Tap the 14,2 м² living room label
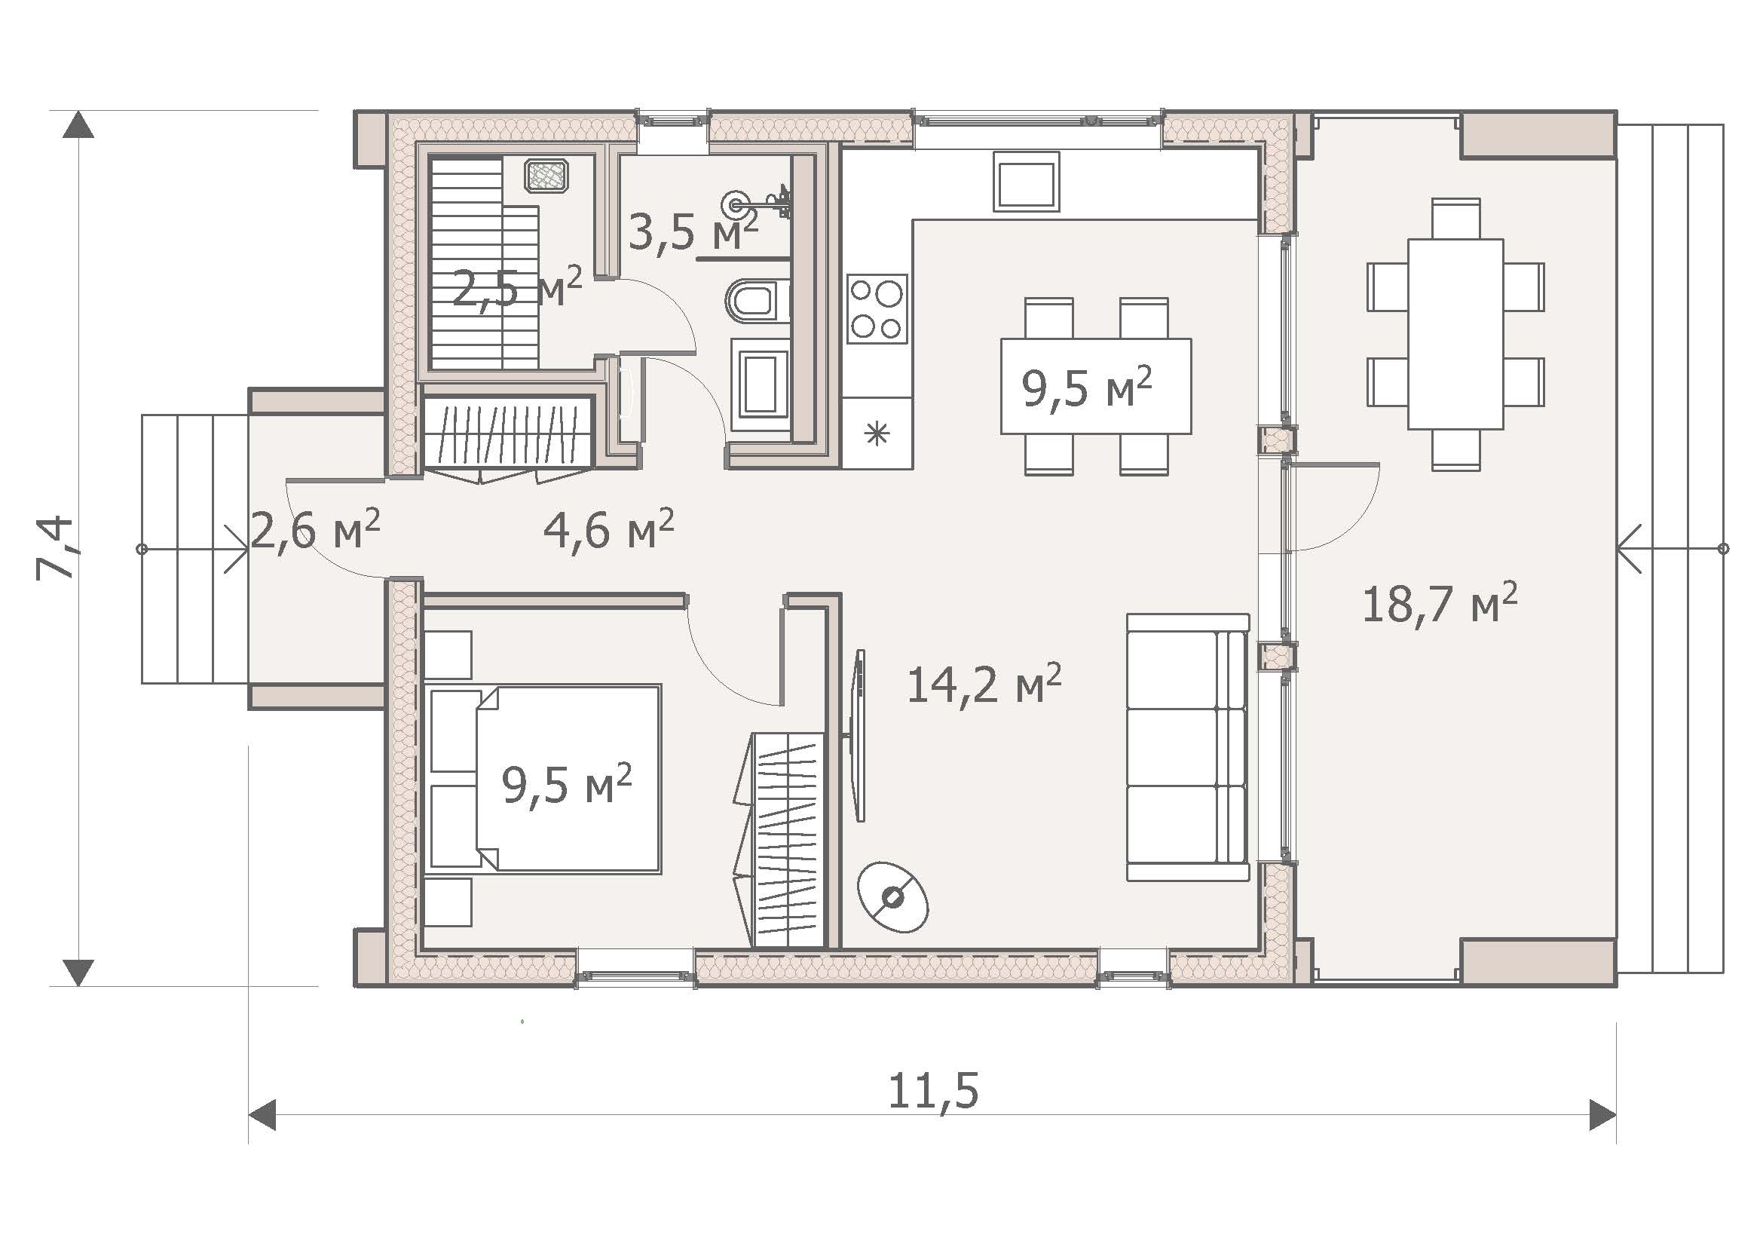(984, 683)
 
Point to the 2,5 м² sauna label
(517, 287)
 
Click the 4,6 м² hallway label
(608, 529)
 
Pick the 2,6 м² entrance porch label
(315, 530)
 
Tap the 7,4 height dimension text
(54, 547)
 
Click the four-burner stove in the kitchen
(877, 308)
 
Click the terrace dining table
(1455, 334)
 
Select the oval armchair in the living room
(893, 897)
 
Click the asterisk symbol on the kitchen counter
(876, 434)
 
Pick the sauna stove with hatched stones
(546, 176)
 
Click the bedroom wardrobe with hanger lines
(788, 840)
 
